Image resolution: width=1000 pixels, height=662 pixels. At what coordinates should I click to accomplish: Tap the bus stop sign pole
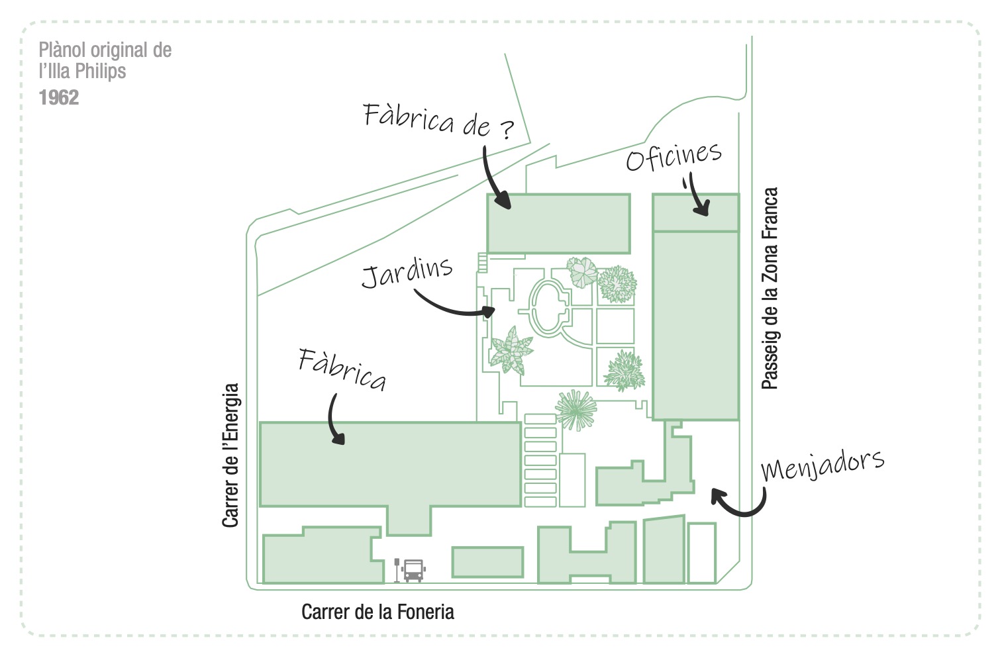coord(397,571)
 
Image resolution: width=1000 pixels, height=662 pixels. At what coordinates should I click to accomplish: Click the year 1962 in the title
coord(59,98)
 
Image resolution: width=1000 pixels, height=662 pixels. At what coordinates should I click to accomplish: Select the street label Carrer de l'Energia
coord(230,455)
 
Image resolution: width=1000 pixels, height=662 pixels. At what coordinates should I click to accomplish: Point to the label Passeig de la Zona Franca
coord(770,289)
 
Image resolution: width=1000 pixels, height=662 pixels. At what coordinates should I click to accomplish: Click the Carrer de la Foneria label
coord(377,612)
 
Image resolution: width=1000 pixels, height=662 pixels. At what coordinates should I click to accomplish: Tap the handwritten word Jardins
coord(407,271)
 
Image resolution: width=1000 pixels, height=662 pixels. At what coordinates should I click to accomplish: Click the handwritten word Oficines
coord(674,156)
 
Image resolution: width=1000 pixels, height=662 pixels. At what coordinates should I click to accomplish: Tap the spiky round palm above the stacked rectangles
coord(575,410)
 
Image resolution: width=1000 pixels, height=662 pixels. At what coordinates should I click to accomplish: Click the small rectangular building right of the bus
coord(487,562)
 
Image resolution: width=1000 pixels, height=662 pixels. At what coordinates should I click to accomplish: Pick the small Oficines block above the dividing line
coord(695,213)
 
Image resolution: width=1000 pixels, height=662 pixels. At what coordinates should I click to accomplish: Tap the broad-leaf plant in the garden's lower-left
coord(511,351)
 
